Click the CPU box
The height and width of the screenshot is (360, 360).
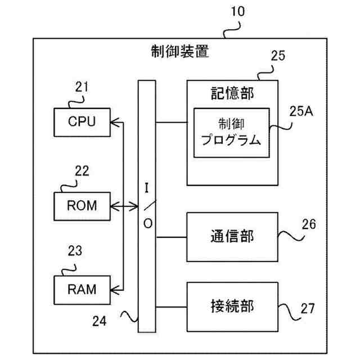82,121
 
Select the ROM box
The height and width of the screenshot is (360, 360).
82,206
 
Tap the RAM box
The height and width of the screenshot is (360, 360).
82,290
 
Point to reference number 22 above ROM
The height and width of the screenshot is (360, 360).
82,172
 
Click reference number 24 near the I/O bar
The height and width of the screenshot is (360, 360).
98,322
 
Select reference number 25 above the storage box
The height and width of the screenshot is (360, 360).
278,55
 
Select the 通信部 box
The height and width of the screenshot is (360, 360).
232,236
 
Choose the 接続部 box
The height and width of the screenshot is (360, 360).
232,307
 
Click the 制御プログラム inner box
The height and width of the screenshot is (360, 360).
231,133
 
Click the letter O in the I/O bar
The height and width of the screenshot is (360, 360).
147,223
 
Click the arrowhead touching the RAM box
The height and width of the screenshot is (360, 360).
114,290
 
